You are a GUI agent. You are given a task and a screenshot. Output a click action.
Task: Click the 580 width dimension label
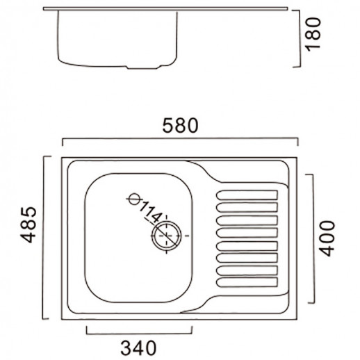[180, 126]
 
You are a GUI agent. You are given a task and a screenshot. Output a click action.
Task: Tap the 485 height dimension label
[28, 224]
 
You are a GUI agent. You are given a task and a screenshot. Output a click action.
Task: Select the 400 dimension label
[327, 238]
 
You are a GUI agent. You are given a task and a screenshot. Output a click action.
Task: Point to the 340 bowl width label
[138, 348]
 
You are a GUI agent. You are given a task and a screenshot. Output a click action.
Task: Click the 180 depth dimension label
[313, 34]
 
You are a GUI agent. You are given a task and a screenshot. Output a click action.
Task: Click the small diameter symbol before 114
[135, 199]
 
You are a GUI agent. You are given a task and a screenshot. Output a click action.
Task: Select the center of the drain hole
[167, 236]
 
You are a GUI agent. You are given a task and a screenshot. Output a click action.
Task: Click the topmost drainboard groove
[247, 195]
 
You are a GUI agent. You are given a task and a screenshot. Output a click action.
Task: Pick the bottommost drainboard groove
[247, 282]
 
